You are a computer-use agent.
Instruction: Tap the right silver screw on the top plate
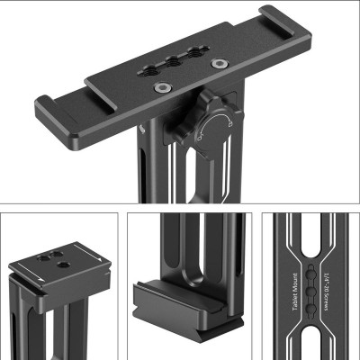tap(217, 64)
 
